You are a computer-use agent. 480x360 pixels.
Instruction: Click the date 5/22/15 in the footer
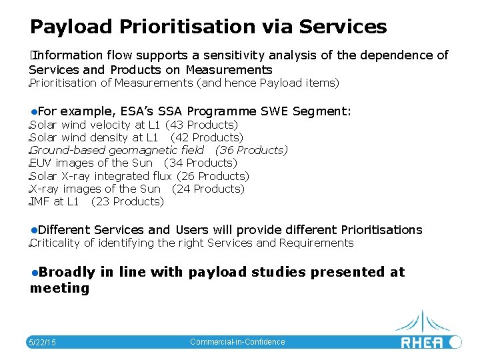tap(42, 343)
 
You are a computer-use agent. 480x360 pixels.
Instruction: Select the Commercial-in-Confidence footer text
tap(237, 342)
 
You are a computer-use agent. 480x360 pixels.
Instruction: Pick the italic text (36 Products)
tap(251, 150)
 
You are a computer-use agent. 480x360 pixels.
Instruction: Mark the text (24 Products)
tap(208, 189)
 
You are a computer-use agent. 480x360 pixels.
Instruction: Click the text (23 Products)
tap(127, 201)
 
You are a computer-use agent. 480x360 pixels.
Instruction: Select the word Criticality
tap(55, 243)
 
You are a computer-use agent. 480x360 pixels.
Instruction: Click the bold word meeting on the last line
tap(59, 288)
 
